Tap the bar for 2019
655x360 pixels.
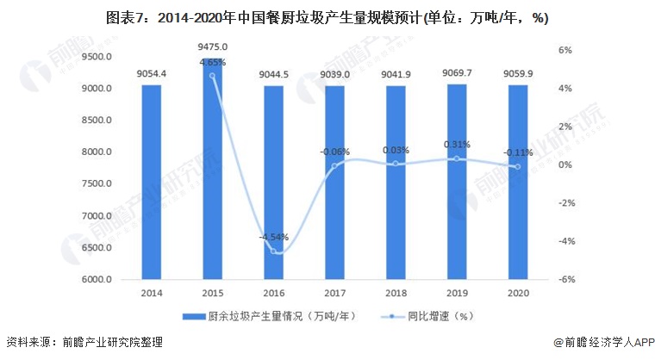pyautogui.click(x=457, y=182)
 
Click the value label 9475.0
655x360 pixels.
pyautogui.click(x=212, y=47)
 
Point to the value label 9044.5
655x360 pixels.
pyautogui.click(x=273, y=74)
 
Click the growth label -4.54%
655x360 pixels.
pyautogui.click(x=273, y=237)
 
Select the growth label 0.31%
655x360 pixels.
pyautogui.click(x=457, y=145)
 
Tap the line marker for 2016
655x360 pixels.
pyautogui.click(x=273, y=251)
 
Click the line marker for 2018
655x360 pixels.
pyautogui.click(x=396, y=164)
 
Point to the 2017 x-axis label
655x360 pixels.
pyautogui.click(x=334, y=293)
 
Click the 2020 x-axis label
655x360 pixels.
pyautogui.click(x=518, y=293)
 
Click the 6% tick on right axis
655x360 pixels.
pyautogui.click(x=565, y=51)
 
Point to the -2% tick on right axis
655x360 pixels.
pyautogui.click(x=565, y=203)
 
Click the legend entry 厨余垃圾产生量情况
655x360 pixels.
pyautogui.click(x=271, y=316)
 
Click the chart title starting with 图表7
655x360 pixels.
pyautogui.click(x=327, y=17)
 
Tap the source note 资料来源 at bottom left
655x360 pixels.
pyautogui.click(x=82, y=343)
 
